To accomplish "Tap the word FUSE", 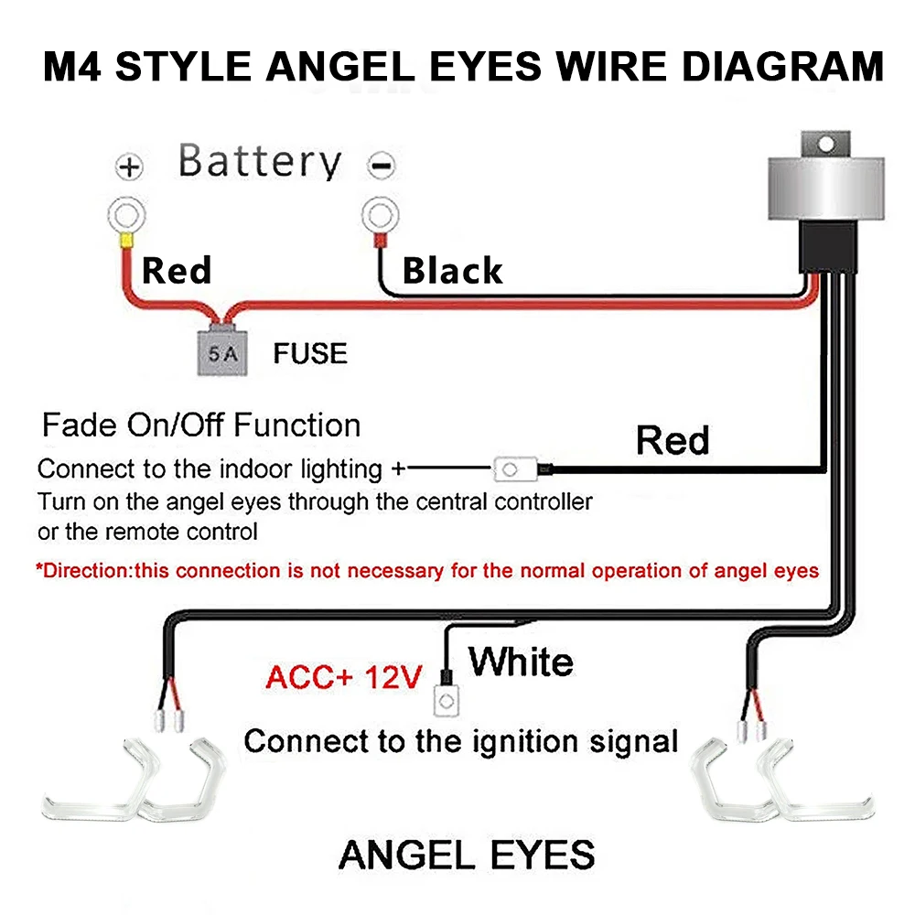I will [310, 353].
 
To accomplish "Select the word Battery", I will [260, 162].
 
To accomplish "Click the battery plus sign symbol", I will [130, 167].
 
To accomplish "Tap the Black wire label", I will [453, 271].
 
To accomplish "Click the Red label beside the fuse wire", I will [177, 270].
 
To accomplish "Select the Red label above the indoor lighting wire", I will [673, 440].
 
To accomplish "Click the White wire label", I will [522, 661].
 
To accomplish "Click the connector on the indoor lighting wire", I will [510, 470].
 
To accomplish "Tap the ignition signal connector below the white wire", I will [446, 702].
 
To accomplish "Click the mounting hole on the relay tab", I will [827, 145].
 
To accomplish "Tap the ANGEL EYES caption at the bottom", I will [467, 855].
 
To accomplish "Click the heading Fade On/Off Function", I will [201, 425].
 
